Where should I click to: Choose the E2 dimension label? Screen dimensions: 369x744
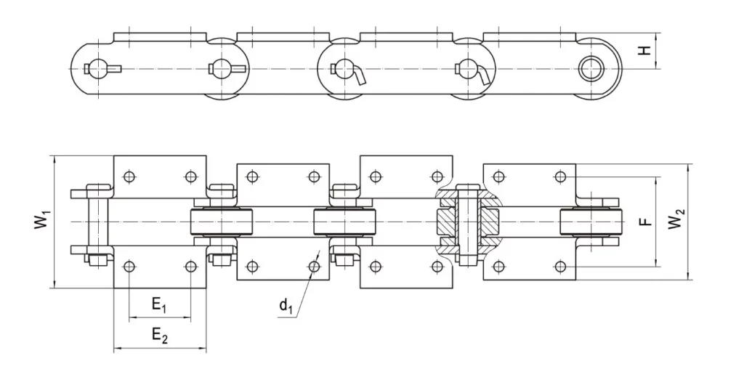pyautogui.click(x=159, y=335)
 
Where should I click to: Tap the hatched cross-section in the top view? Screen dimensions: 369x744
pyautogui.click(x=469, y=221)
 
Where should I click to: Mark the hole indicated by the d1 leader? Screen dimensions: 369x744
pyautogui.click(x=314, y=267)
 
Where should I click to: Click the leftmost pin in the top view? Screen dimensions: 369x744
pyautogui.click(x=93, y=221)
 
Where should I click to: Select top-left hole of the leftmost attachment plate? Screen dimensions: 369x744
pyautogui.click(x=129, y=176)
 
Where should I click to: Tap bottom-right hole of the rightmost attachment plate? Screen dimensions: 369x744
pyautogui.click(x=560, y=266)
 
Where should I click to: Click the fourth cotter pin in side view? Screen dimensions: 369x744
pyautogui.click(x=472, y=71)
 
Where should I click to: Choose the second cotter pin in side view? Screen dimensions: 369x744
pyautogui.click(x=227, y=69)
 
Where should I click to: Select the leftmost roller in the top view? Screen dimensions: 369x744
pyautogui.click(x=219, y=221)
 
